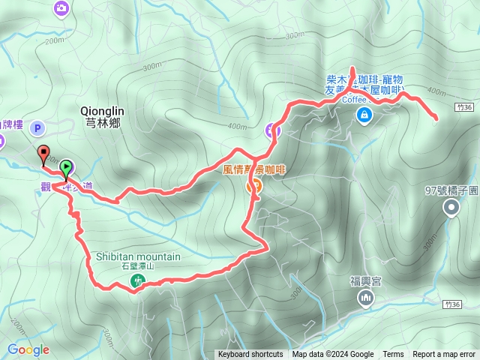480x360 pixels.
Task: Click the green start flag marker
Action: tap(67, 166)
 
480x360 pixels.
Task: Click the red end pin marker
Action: tap(43, 154)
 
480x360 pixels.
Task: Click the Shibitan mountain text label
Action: tap(138, 256)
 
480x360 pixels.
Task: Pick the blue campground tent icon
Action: tap(364, 115)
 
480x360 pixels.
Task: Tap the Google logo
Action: tap(28, 349)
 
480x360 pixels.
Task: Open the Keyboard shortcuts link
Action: tap(250, 355)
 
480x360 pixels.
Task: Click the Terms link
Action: tap(393, 355)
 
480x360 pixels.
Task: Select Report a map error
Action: tap(444, 355)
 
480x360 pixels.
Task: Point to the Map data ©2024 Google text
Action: tap(333, 355)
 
